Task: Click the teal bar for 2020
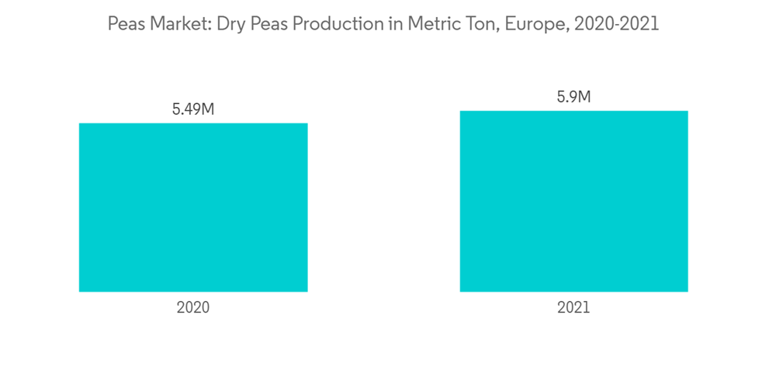[193, 207]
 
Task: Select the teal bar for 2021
[573, 201]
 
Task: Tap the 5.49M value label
[193, 109]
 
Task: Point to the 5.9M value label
[573, 97]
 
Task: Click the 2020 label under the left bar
[193, 307]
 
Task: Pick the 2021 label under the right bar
[573, 307]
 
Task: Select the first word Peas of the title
[125, 24]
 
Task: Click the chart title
[383, 24]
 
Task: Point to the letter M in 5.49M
[206, 109]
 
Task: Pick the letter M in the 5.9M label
[584, 97]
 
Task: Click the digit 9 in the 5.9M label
[570, 97]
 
